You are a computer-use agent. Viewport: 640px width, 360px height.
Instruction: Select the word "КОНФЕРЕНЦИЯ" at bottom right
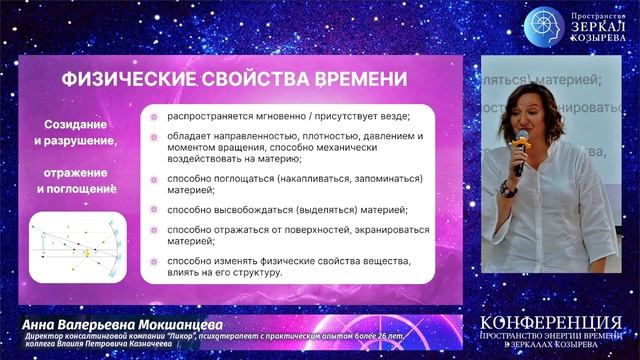click(x=549, y=323)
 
